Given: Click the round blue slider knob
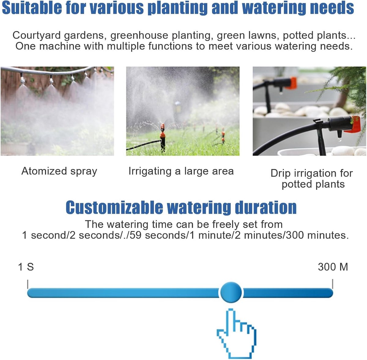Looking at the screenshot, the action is (231, 292).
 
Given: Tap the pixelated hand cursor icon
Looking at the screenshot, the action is (236, 335).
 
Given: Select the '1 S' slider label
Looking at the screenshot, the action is (26, 267).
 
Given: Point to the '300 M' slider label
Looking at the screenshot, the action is (333, 267).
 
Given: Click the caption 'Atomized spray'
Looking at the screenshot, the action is (59, 171).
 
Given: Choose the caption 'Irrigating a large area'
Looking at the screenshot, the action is (181, 171).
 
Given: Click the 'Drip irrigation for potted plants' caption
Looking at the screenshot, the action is (312, 178).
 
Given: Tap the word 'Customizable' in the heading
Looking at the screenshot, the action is (114, 207).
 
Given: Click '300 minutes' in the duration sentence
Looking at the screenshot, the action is (317, 235).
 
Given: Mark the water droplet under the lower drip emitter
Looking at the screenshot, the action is (339, 140).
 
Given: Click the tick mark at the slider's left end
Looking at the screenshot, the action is (28, 284).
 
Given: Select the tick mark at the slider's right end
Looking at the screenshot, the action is (332, 284).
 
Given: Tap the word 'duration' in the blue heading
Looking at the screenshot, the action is (266, 207).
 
